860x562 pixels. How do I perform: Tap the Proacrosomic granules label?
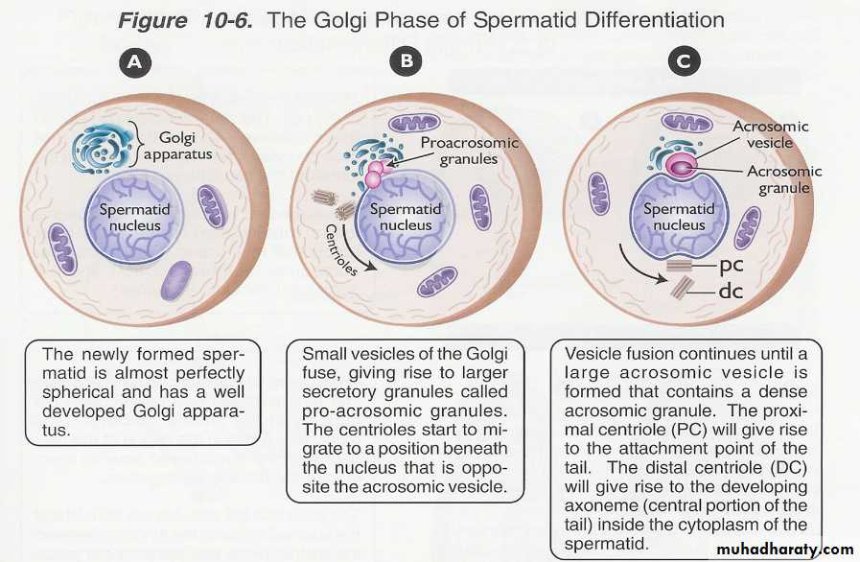point(470,151)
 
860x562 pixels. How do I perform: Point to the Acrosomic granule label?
point(785,179)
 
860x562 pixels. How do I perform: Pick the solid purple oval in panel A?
point(175,281)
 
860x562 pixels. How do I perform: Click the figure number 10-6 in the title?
point(225,19)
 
